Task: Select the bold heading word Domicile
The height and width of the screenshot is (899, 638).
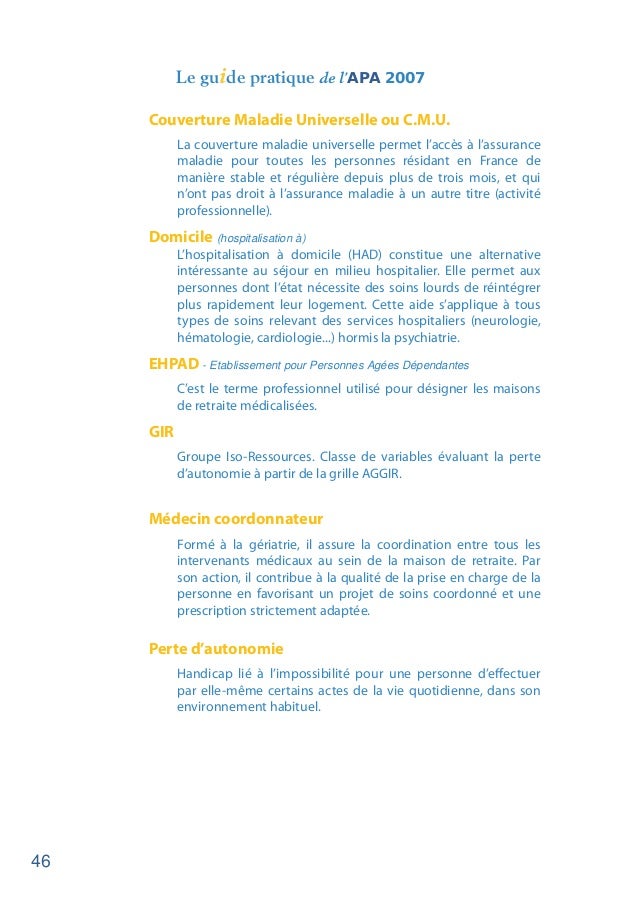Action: (x=180, y=237)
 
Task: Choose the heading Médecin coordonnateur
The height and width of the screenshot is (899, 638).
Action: (x=235, y=520)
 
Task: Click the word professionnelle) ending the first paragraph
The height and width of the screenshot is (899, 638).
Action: (x=224, y=212)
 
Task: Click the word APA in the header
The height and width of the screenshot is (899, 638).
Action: (x=364, y=77)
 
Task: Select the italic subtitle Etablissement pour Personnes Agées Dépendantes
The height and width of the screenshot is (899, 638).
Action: (x=339, y=364)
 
